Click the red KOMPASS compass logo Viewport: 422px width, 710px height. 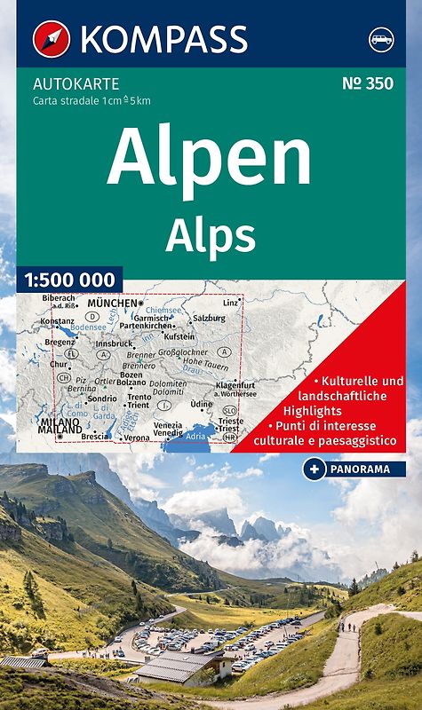point(51,39)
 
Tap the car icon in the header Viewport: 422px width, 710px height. point(379,40)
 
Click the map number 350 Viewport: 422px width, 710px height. point(368,83)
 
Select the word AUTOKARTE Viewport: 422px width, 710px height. point(63,84)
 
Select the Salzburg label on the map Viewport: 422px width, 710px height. point(209,317)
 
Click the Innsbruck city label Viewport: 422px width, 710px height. point(115,343)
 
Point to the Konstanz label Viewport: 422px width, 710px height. point(57,319)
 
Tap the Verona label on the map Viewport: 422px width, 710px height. point(137,438)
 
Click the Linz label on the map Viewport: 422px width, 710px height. point(231,304)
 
